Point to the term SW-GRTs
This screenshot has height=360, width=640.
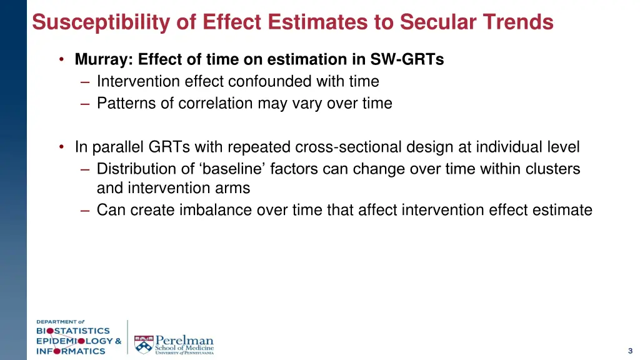tap(407, 59)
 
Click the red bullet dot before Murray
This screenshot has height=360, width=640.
tap(62, 59)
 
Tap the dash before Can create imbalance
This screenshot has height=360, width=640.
tap(85, 210)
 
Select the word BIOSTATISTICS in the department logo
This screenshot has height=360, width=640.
tap(72, 331)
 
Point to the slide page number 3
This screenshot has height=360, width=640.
tap(630, 351)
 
